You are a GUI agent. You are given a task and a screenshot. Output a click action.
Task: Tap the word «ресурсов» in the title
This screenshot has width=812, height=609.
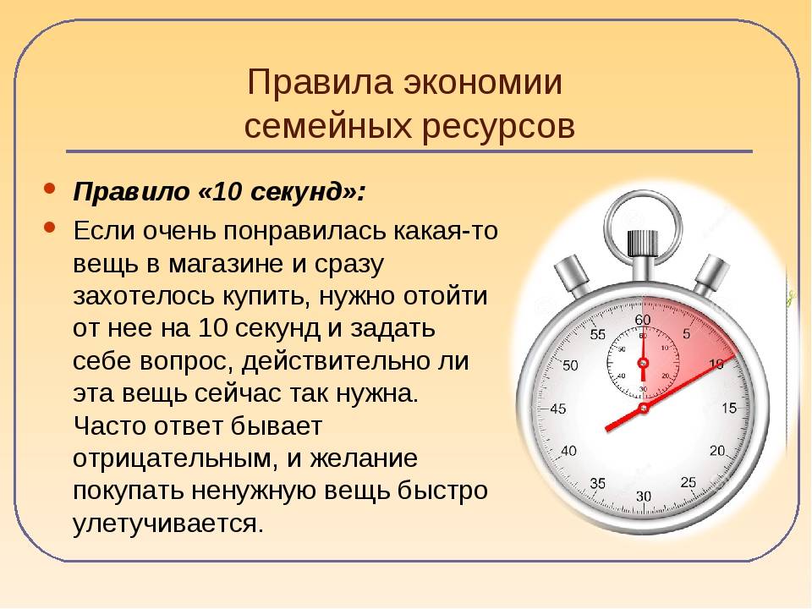click(498, 126)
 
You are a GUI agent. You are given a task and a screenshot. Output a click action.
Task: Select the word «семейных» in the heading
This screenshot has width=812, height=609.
click(328, 126)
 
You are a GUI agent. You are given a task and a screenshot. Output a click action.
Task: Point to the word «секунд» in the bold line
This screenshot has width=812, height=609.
click(299, 192)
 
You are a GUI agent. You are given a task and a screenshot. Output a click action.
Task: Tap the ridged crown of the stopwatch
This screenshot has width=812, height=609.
click(642, 243)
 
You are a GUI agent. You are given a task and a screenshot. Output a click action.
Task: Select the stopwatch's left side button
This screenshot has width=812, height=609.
click(573, 276)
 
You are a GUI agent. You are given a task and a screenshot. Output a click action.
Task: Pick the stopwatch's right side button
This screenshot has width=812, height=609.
click(710, 276)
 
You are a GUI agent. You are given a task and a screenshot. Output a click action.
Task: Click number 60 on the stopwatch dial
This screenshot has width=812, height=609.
click(643, 320)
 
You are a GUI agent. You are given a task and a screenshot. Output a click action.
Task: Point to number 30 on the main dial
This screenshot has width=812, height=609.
click(643, 497)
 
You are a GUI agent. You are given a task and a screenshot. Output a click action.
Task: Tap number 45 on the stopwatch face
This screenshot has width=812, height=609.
click(557, 409)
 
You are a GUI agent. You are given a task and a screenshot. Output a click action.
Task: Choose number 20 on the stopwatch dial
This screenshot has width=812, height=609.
click(717, 451)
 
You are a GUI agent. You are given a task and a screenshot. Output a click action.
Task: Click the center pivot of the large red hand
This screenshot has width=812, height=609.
click(643, 408)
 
